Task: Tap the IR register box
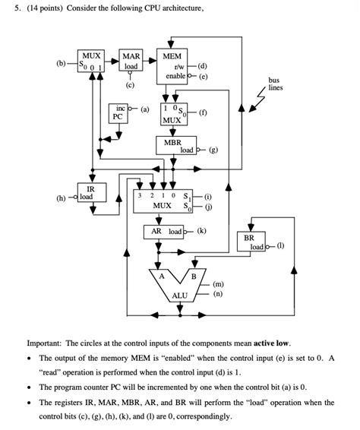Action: [x=90, y=194]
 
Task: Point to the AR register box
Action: [x=163, y=232]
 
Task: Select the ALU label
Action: [x=180, y=295]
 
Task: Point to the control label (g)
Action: [x=213, y=150]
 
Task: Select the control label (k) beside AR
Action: [x=201, y=232]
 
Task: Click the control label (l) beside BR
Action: [x=280, y=247]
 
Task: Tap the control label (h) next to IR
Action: [x=60, y=198]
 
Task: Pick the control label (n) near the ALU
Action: [x=218, y=293]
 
